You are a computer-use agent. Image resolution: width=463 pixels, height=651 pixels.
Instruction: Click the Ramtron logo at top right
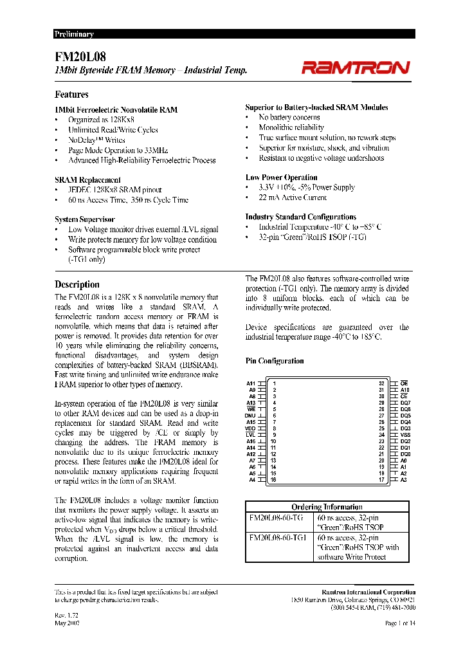[355, 68]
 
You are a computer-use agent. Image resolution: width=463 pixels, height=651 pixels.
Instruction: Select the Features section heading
[71, 94]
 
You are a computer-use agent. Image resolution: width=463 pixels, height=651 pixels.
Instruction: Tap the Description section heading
[77, 284]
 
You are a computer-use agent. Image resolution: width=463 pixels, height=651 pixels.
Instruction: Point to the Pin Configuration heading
[275, 361]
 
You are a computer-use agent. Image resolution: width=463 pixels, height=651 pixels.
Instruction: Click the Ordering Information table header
[327, 507]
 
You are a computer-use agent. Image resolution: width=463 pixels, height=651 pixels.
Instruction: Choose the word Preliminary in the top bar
[74, 34]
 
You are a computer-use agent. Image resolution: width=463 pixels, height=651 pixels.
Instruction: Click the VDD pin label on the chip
[250, 428]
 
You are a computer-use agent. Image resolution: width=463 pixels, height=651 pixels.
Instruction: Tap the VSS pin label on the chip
[405, 435]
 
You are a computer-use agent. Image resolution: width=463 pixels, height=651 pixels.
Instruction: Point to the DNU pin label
[250, 416]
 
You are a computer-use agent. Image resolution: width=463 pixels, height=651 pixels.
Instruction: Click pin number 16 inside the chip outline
[274, 479]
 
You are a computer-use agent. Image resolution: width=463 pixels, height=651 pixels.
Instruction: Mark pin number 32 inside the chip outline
[381, 383]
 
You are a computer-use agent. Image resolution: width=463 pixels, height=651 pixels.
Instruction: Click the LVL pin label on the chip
[251, 434]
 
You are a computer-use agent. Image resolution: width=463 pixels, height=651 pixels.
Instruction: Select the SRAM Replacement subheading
[88, 180]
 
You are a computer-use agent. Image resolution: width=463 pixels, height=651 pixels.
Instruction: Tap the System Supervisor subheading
[85, 219]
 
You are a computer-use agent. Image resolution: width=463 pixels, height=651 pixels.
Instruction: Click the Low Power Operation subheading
[281, 178]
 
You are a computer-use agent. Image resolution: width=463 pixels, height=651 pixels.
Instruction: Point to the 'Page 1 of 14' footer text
[400, 623]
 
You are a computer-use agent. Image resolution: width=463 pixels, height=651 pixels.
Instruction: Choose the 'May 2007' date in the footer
[68, 623]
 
